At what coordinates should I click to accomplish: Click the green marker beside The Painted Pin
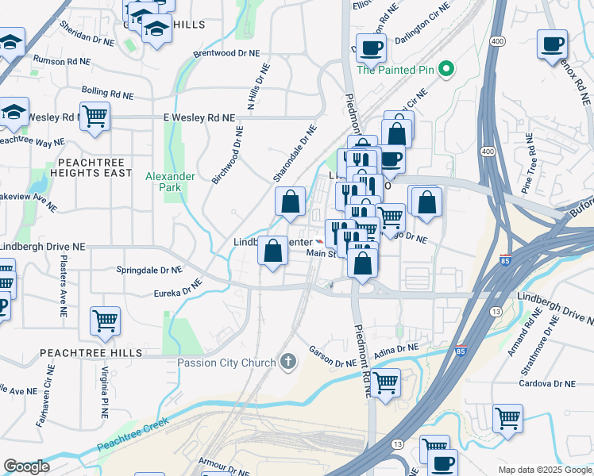point(446,70)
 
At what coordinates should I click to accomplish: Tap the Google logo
point(26,466)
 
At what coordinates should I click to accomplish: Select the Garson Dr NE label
point(332,355)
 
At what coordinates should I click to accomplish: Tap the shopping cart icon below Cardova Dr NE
point(507,416)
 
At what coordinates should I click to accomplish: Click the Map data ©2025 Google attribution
point(543,470)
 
